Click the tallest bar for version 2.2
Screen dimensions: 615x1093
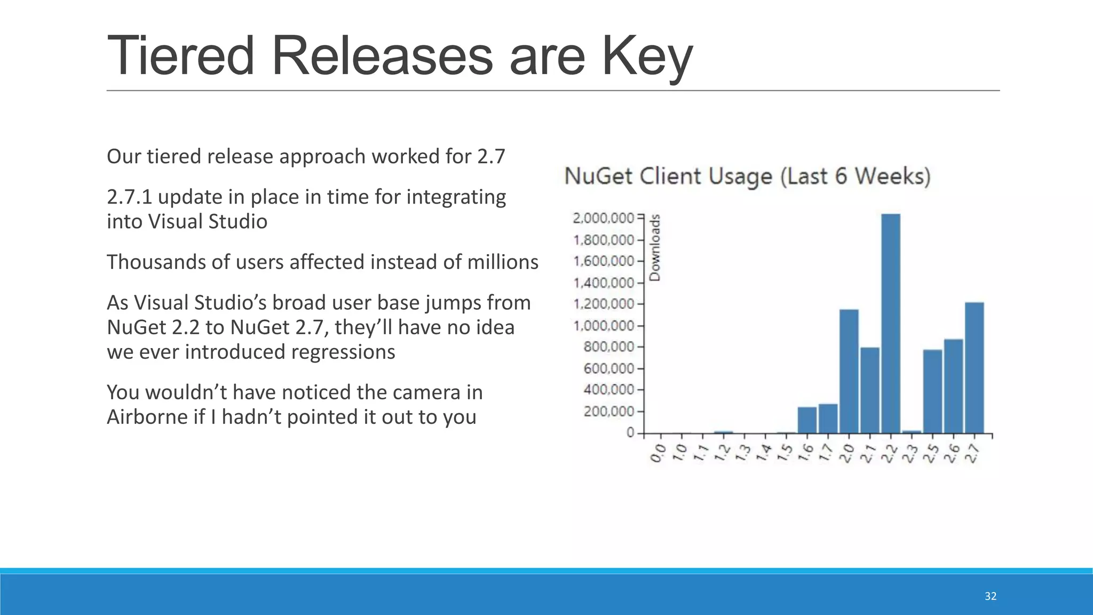pyautogui.click(x=891, y=323)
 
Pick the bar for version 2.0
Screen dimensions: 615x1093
pyautogui.click(x=849, y=371)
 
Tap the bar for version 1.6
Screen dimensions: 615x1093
pyautogui.click(x=807, y=420)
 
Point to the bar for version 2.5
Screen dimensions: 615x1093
pyautogui.click(x=932, y=391)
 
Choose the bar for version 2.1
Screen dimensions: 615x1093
pyautogui.click(x=870, y=390)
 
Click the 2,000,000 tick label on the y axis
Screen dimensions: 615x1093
pyautogui.click(x=603, y=218)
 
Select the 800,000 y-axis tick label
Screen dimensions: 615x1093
pyautogui.click(x=608, y=347)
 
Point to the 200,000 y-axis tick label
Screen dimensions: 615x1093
pyautogui.click(x=608, y=412)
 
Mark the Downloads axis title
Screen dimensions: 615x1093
pyautogui.click(x=655, y=247)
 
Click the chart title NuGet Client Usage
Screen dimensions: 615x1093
pyautogui.click(x=747, y=176)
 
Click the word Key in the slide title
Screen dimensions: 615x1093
pyautogui.click(x=647, y=56)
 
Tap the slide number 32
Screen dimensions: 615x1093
pyautogui.click(x=991, y=596)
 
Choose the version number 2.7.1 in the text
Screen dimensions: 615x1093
pyautogui.click(x=130, y=197)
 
